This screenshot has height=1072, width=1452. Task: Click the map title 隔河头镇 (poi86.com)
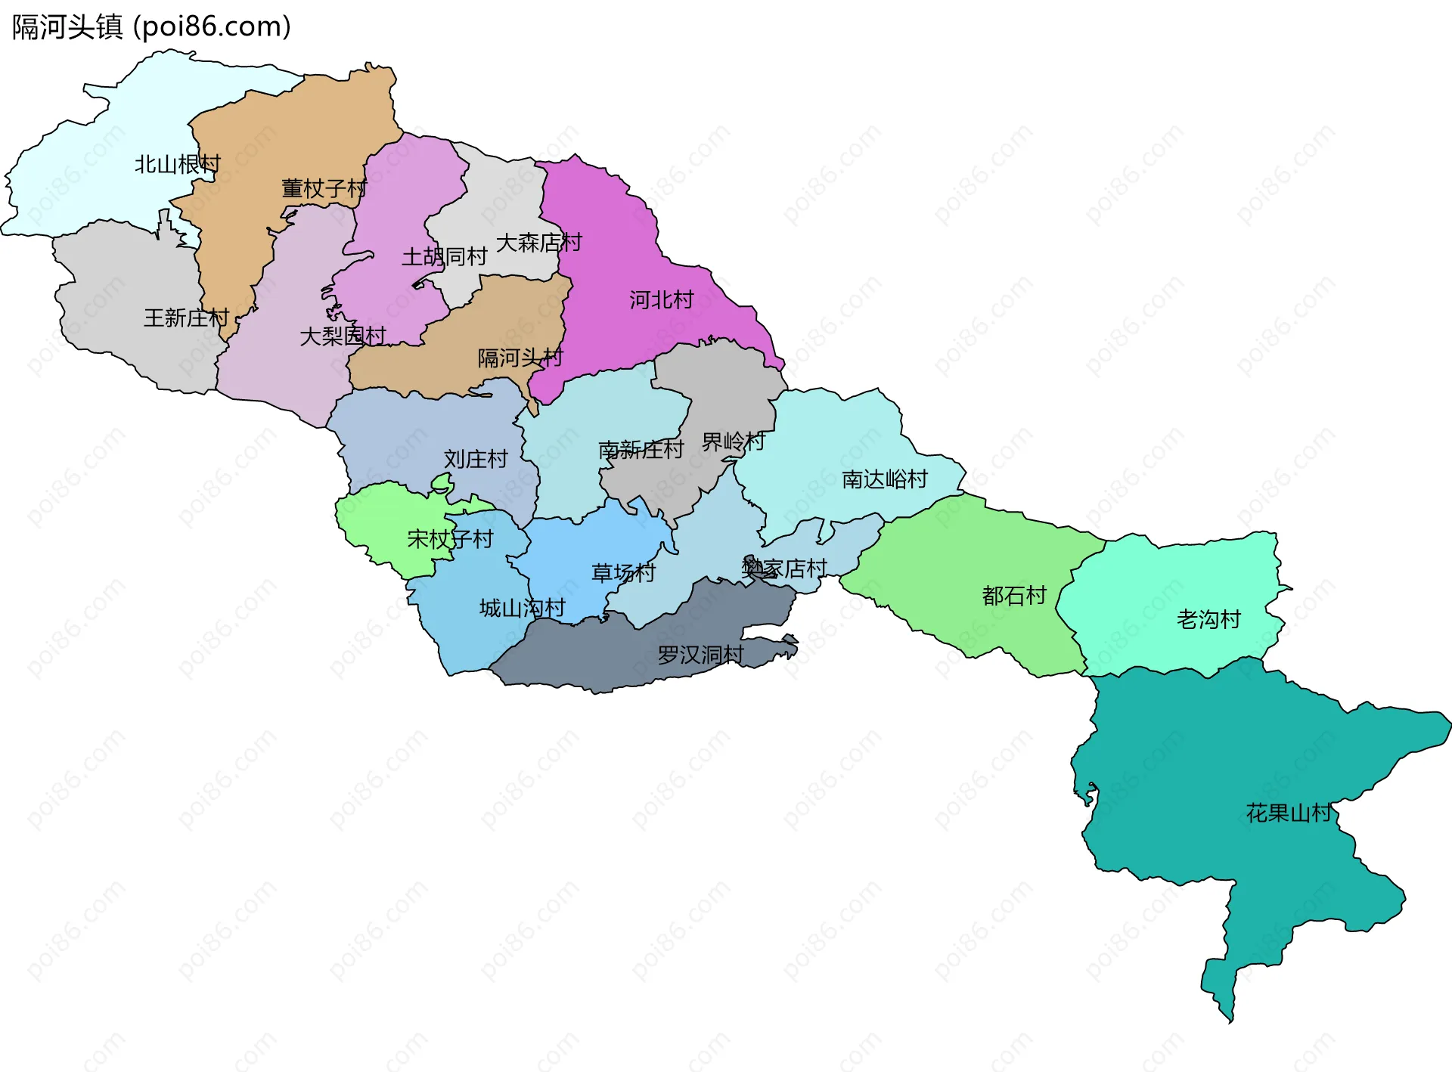coord(151,27)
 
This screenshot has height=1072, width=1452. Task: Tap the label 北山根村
coord(178,164)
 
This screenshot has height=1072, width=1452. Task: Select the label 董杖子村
coord(324,188)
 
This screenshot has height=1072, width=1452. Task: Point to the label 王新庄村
coord(186,318)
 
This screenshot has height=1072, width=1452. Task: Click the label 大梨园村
coord(343,336)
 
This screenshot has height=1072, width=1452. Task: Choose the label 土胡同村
coord(444,257)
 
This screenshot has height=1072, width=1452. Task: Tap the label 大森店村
coord(538,243)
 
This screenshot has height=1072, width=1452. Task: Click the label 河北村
coord(661,300)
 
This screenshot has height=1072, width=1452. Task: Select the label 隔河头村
coord(520,358)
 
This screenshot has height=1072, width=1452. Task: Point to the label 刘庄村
coord(475,459)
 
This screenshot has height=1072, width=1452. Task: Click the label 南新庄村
coord(641,450)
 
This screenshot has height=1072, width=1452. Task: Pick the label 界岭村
coord(733,442)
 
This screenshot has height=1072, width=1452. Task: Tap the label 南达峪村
coord(884,479)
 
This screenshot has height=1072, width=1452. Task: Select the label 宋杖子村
coord(450,539)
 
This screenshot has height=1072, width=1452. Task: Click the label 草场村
coord(623,573)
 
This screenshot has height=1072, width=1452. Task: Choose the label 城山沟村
coord(522,608)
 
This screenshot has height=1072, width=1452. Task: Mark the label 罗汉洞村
coord(700,655)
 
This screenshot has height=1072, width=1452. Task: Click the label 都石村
coord(1013,596)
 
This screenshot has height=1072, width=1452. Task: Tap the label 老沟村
coord(1208,620)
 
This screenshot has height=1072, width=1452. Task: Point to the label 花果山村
coord(1289,813)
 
